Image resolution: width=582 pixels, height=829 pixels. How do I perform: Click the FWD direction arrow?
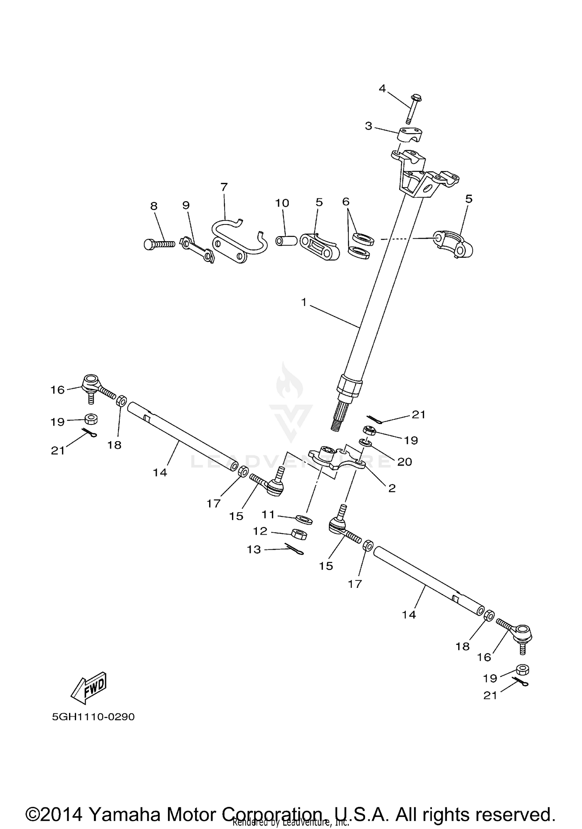pos(88,688)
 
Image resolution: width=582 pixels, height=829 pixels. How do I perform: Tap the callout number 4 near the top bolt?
pos(382,89)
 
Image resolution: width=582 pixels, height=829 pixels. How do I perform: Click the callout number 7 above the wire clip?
pos(224,187)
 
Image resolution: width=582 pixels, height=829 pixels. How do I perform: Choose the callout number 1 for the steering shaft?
pos(304,302)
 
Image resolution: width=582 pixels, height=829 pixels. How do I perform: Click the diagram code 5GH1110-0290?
pos(93,717)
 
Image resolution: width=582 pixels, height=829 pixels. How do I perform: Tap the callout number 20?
pos(404,462)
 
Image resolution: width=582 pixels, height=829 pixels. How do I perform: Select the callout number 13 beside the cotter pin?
pos(254,549)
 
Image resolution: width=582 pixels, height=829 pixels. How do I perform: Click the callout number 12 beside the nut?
pos(260,531)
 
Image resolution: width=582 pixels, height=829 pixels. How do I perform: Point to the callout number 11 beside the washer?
pos(268,514)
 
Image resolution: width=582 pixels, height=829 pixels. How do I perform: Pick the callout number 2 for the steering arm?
pos(392,488)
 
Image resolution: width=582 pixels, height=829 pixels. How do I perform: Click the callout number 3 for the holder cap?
pos(368,126)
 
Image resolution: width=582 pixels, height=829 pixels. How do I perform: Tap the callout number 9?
pos(186,205)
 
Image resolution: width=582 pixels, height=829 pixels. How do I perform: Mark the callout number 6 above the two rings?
pos(346,202)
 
